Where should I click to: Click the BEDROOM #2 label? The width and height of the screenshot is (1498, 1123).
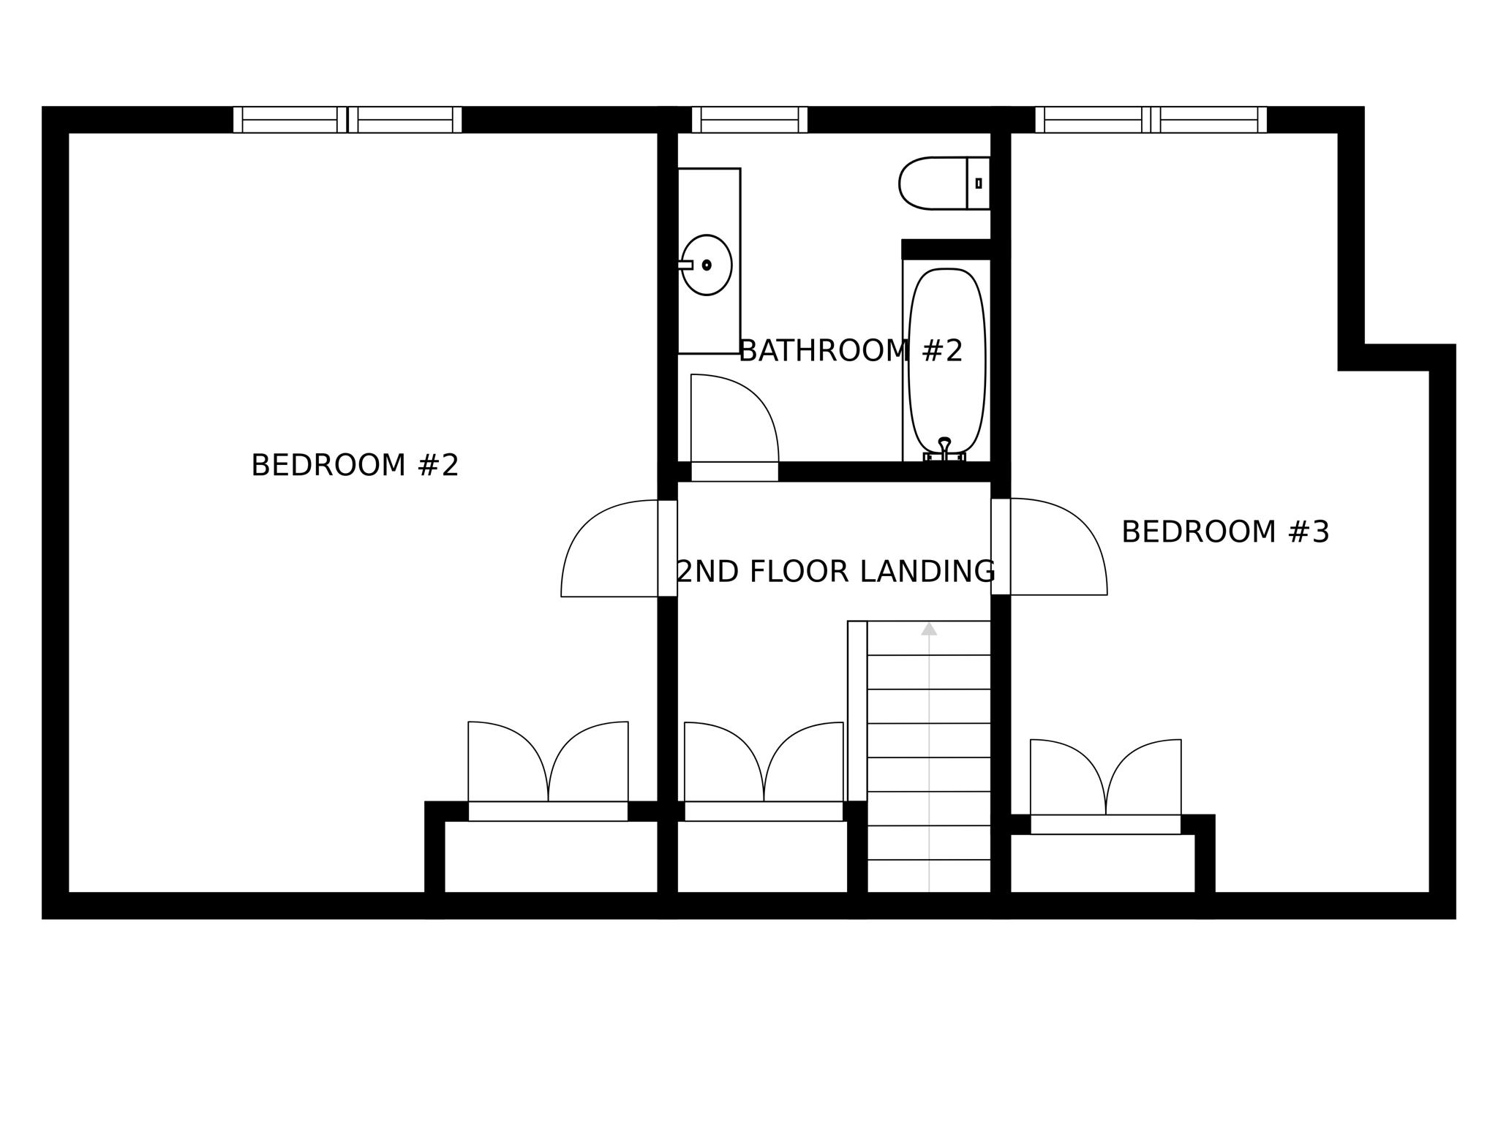pyautogui.click(x=355, y=466)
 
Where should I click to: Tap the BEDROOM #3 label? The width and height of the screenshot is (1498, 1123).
pyautogui.click(x=1224, y=532)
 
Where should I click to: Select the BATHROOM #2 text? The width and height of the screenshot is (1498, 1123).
pyautogui.click(x=850, y=351)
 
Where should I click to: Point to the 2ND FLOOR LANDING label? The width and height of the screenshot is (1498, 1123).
pyautogui.click(x=835, y=572)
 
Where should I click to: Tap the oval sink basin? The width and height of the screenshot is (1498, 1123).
pyautogui.click(x=707, y=265)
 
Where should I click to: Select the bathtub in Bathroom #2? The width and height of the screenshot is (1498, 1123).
pyautogui.click(x=946, y=358)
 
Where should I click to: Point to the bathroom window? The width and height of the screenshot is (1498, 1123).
pyautogui.click(x=749, y=120)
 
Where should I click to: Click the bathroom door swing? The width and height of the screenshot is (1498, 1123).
pyautogui.click(x=731, y=420)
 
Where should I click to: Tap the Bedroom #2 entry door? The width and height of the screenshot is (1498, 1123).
pyautogui.click(x=611, y=548)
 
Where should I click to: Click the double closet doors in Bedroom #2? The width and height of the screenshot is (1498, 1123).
pyautogui.click(x=548, y=764)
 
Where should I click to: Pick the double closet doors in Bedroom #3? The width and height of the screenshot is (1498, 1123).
pyautogui.click(x=1105, y=779)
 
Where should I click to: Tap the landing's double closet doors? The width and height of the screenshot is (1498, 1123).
pyautogui.click(x=764, y=764)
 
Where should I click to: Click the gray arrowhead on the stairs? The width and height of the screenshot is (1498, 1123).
pyautogui.click(x=929, y=629)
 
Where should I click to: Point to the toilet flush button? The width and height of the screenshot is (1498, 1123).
pyautogui.click(x=979, y=184)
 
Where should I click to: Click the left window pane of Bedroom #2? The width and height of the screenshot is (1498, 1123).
pyautogui.click(x=290, y=120)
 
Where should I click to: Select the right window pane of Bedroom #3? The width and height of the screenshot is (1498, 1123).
pyautogui.click(x=1208, y=120)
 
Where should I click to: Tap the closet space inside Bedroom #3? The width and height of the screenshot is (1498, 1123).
pyautogui.click(x=1102, y=863)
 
